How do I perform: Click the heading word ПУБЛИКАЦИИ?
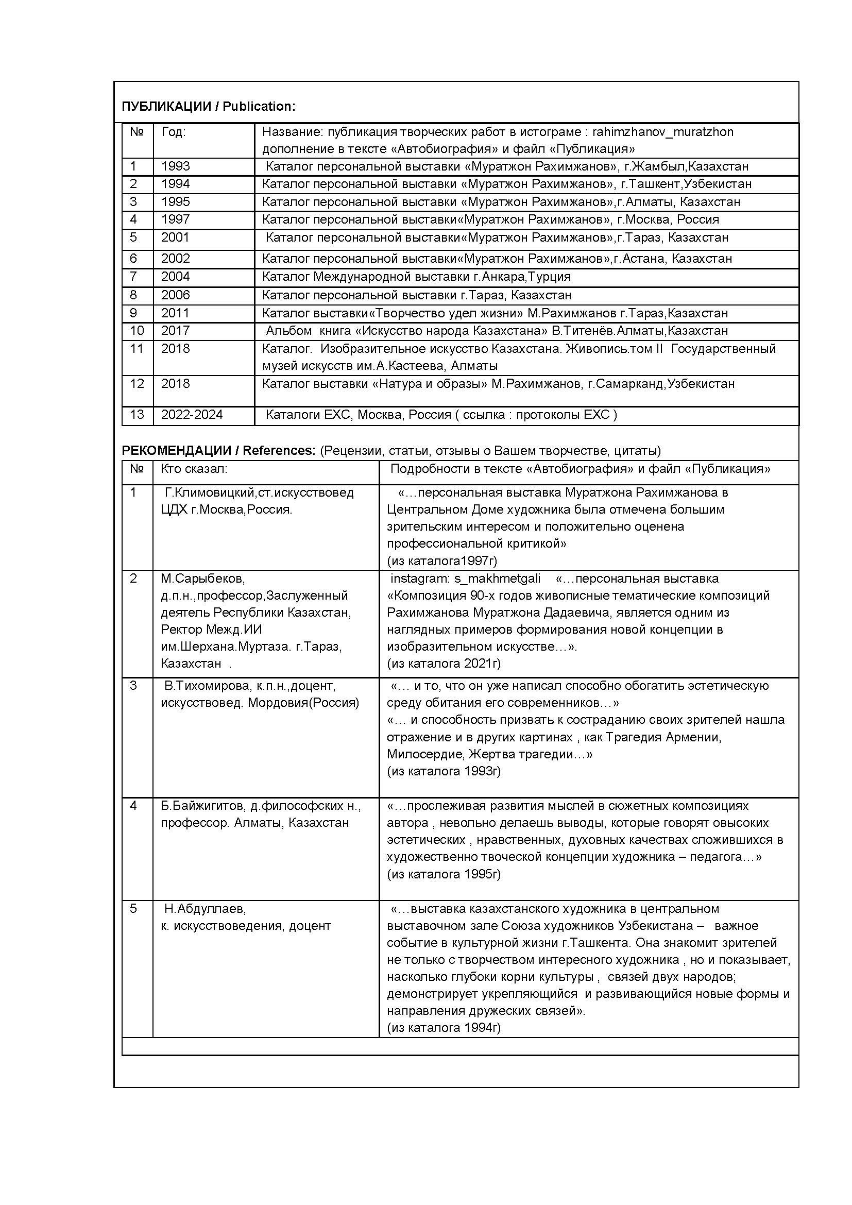click(166, 107)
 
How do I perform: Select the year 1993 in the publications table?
click(175, 166)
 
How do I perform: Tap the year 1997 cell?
click(175, 219)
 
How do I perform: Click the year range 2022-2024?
click(192, 415)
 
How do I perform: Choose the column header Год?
click(173, 132)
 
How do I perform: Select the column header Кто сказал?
click(194, 469)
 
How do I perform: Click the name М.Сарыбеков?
click(202, 579)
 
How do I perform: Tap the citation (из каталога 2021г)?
click(444, 664)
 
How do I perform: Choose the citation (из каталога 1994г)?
click(444, 1028)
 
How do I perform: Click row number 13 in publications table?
click(137, 415)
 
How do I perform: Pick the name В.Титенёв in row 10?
click(584, 331)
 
